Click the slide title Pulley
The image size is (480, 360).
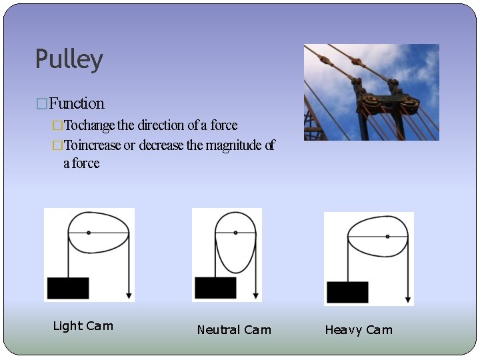point(69,59)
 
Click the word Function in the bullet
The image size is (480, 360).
point(77,103)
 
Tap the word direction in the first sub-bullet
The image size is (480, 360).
point(161,125)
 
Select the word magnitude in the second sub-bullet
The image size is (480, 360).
point(234,145)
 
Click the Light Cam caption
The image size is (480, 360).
point(83,326)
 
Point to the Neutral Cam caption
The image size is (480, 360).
point(234,330)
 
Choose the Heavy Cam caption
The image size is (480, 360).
point(359,330)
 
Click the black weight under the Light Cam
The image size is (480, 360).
point(68,288)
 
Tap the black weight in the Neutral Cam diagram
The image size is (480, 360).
point(215,288)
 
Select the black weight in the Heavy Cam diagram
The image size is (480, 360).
point(347,292)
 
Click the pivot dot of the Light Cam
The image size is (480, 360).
point(89,232)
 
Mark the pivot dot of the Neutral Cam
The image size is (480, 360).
point(235,233)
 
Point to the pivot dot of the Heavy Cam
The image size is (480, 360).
point(387,236)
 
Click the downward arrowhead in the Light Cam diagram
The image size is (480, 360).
point(129,296)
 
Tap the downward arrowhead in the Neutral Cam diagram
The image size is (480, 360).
point(255,296)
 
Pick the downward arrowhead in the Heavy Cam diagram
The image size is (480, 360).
point(408,300)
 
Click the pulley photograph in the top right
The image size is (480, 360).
point(371,92)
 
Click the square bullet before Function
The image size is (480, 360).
point(42,104)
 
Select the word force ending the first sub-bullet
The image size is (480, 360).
point(224,125)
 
